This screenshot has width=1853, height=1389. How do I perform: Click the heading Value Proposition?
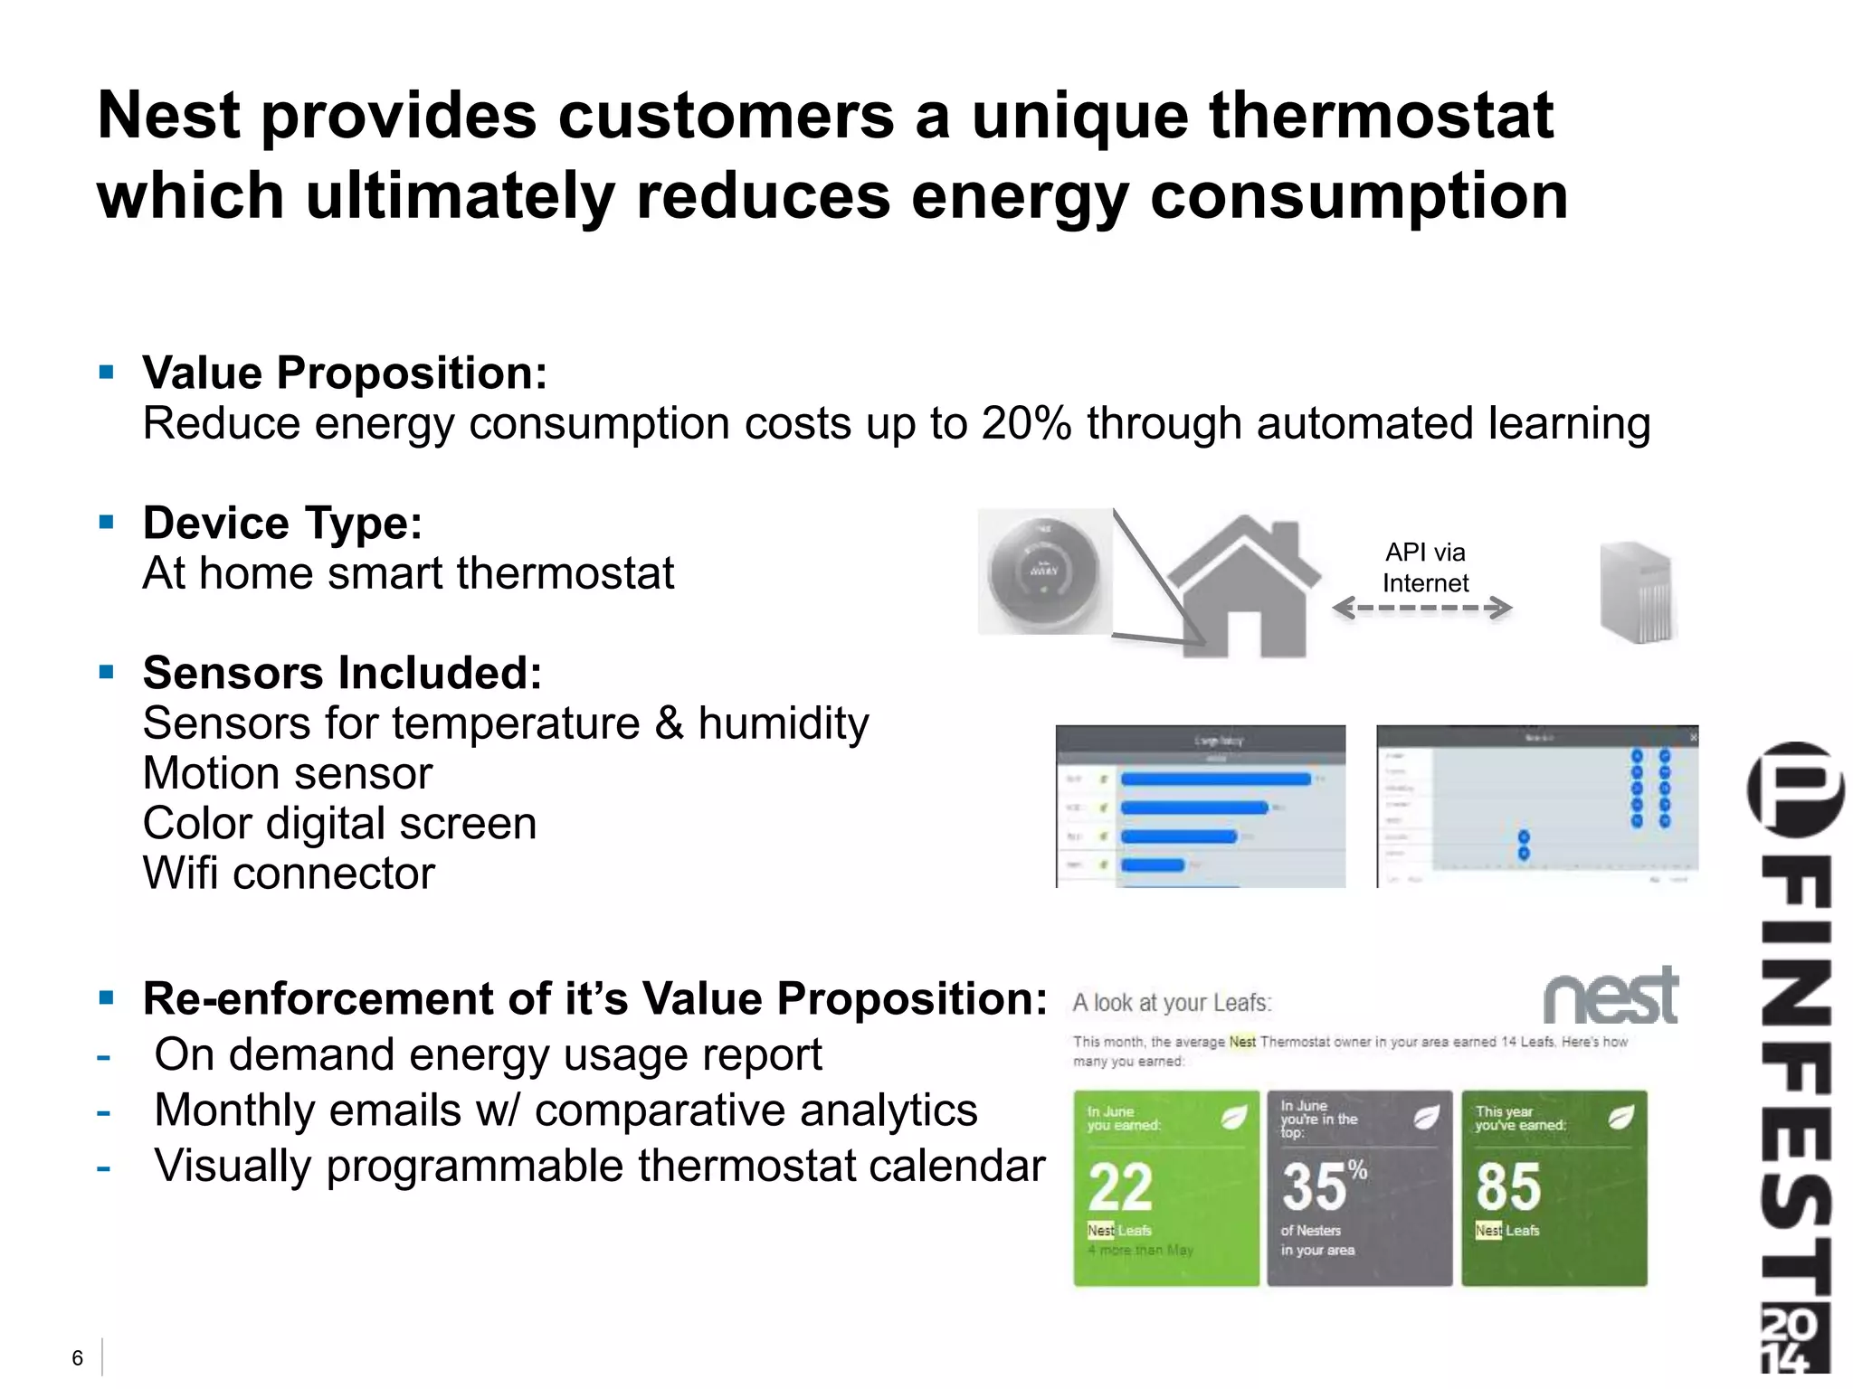tap(345, 373)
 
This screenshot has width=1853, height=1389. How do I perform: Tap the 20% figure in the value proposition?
tap(1026, 423)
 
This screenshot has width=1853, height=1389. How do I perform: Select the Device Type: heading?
tap(282, 523)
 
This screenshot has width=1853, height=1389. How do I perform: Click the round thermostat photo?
tap(1044, 572)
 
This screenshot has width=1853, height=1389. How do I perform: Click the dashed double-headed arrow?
tap(1421, 608)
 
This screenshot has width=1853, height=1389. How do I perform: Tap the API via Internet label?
tap(1425, 567)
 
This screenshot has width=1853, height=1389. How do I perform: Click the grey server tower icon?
tap(1637, 592)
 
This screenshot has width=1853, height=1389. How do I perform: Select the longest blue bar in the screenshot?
tap(1215, 780)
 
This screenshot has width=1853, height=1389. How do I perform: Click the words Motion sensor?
tap(288, 773)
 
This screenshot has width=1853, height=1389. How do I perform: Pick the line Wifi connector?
tap(289, 874)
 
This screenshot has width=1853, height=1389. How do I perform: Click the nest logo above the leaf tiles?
tap(1611, 997)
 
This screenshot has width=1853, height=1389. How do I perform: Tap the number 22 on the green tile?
tap(1120, 1186)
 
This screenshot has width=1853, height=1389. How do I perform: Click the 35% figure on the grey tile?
tap(1323, 1186)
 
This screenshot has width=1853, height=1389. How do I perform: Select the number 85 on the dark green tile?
tap(1508, 1186)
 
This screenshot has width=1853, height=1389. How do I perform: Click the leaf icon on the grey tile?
tap(1426, 1118)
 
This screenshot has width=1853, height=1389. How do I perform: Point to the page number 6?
tap(78, 1357)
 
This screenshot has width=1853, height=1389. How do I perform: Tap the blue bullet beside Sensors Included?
tap(107, 672)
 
